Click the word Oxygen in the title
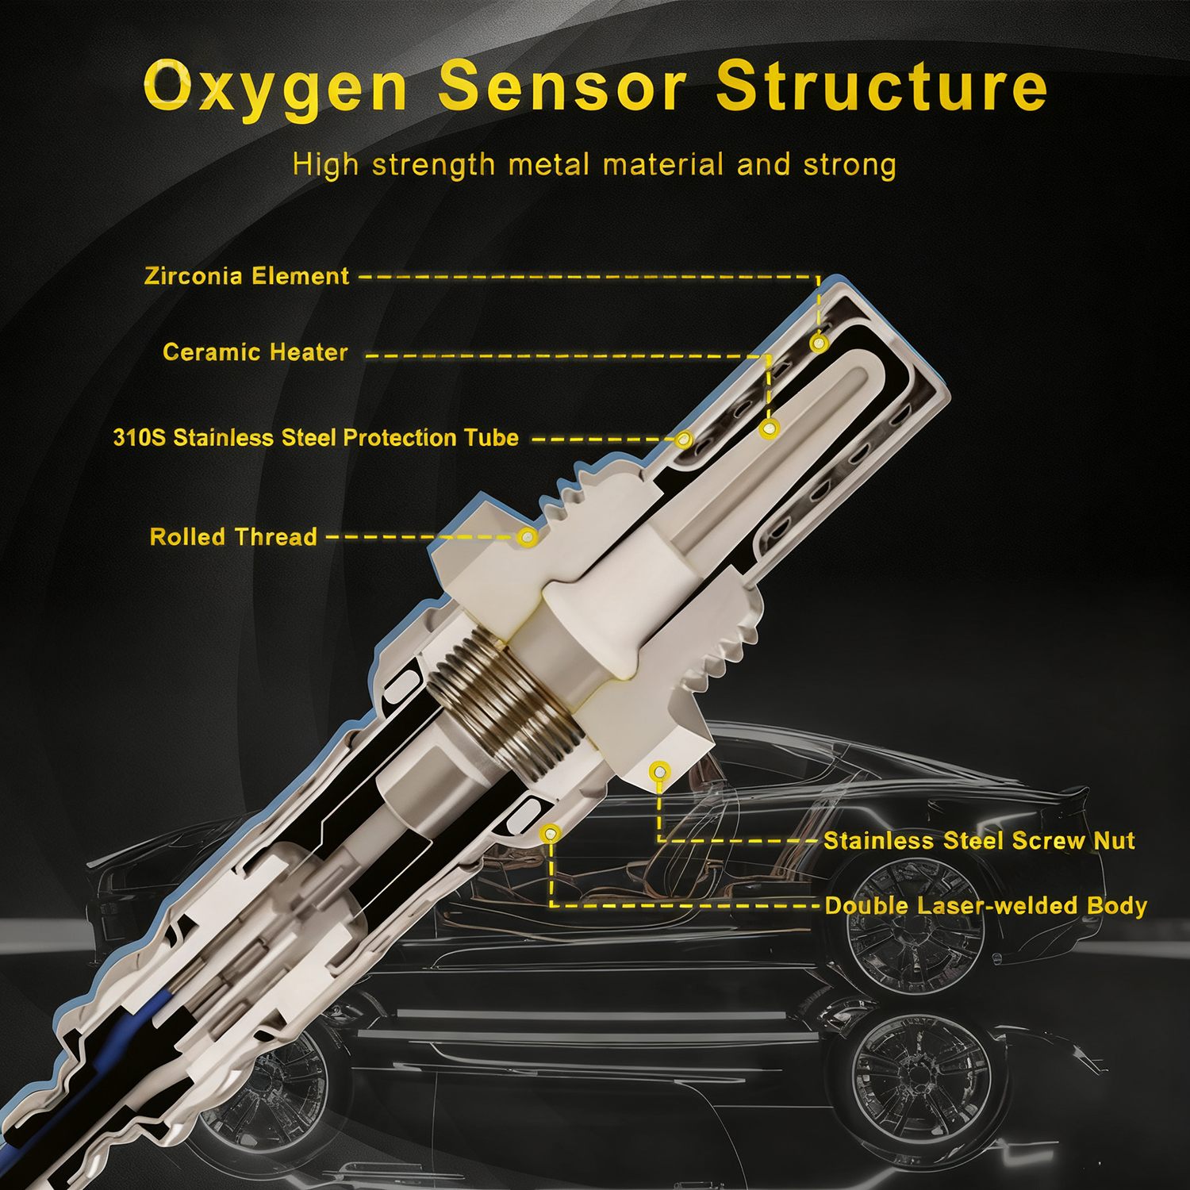(x=275, y=87)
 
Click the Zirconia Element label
(x=247, y=276)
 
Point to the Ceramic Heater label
(x=255, y=352)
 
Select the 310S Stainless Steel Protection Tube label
(x=316, y=438)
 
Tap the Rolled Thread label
(x=233, y=537)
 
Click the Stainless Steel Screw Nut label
(x=979, y=841)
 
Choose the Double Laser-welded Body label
(x=986, y=906)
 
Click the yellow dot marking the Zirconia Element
(x=820, y=344)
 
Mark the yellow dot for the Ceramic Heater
(x=769, y=429)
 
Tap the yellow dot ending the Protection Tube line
(x=683, y=439)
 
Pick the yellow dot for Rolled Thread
(x=528, y=538)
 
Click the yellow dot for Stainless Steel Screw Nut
(x=659, y=771)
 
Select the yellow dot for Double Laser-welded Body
(x=551, y=834)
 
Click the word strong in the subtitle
(x=850, y=165)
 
